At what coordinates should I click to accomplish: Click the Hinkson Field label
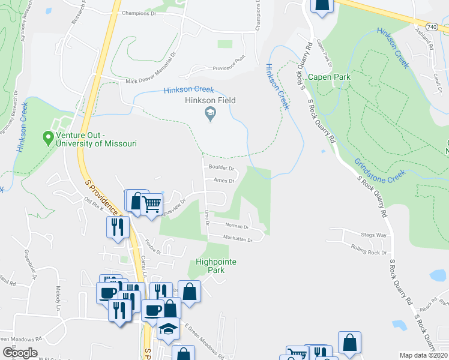(210, 101)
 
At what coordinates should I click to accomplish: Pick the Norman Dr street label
(237, 226)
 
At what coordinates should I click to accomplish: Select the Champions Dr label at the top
(139, 13)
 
